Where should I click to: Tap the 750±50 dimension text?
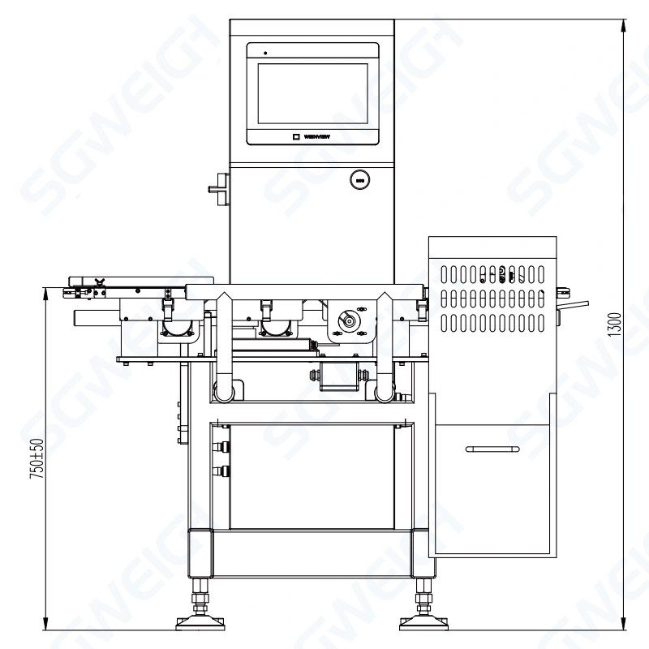[37, 461]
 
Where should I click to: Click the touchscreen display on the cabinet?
[312, 92]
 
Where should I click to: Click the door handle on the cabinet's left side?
[218, 189]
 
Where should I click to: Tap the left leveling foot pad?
[197, 622]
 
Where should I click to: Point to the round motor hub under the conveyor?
[350, 321]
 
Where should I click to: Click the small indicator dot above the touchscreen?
[264, 54]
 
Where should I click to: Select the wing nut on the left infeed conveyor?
[100, 283]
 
